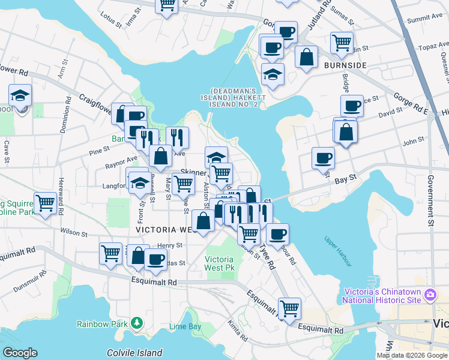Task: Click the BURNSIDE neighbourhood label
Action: click(345, 64)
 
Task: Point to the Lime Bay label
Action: click(185, 327)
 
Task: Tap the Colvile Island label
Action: click(134, 353)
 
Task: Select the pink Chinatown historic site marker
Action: click(430, 295)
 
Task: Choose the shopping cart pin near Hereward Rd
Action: click(46, 203)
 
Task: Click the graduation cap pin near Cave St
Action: click(20, 95)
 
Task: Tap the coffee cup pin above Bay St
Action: click(323, 158)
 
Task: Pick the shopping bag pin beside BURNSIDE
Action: click(306, 58)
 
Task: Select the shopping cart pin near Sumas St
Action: click(342, 43)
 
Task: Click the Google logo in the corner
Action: click(20, 353)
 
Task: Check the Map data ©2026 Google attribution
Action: click(412, 355)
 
